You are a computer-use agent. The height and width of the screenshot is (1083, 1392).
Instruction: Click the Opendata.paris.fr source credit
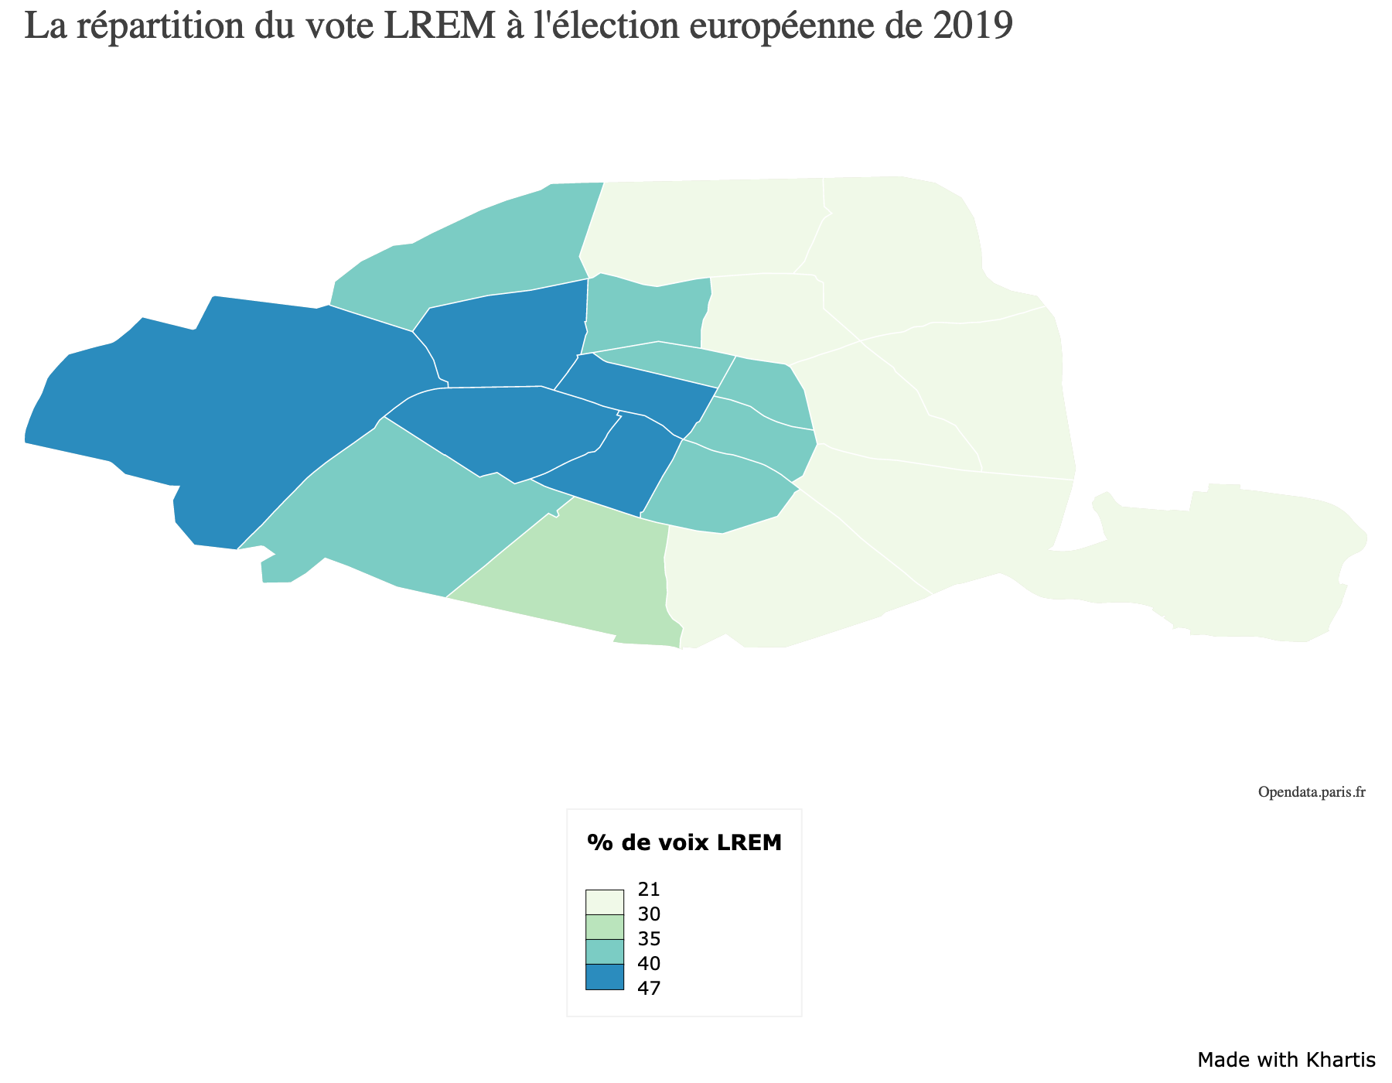pos(1312,792)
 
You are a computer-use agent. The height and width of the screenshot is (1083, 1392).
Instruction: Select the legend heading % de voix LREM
pos(684,842)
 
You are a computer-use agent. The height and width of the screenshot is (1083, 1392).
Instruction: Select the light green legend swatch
pos(605,927)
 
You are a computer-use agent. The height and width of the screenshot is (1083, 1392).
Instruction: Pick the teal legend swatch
pos(605,951)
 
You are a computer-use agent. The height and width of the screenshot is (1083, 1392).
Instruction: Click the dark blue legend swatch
pos(605,976)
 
